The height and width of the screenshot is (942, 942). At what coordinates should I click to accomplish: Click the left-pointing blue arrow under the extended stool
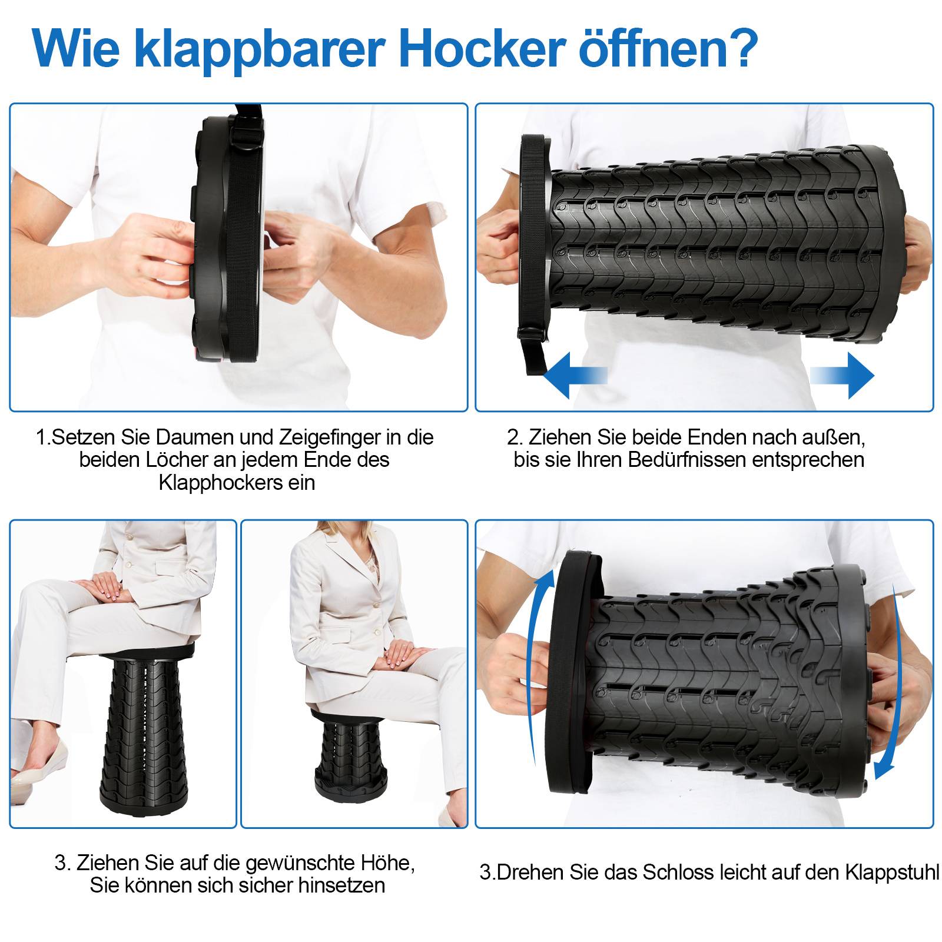point(574,376)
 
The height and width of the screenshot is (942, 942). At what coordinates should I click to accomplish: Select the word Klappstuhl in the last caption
point(892,872)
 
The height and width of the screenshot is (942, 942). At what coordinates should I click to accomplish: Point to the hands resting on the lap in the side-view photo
point(406,654)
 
